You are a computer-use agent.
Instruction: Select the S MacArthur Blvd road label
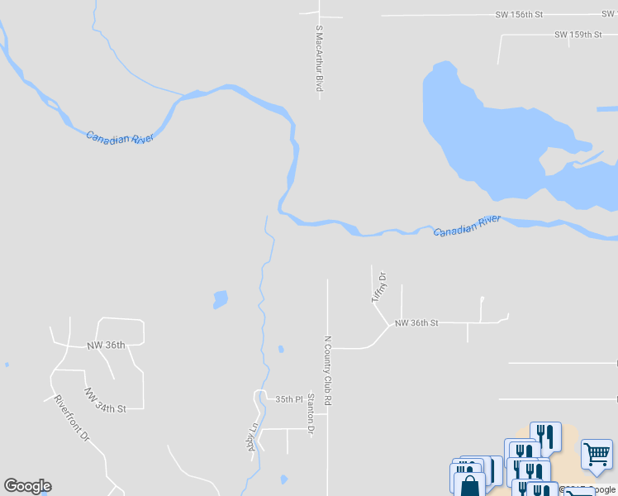point(318,60)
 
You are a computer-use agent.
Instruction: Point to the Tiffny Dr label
point(379,287)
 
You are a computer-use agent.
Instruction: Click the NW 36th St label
point(416,323)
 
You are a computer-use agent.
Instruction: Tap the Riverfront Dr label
point(71,417)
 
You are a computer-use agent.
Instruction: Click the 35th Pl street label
point(288,399)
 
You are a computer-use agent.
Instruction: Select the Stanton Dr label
point(311,413)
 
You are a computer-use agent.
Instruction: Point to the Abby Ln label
point(252,437)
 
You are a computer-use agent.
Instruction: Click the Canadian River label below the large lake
point(468,225)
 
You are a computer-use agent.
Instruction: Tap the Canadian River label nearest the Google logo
point(120,136)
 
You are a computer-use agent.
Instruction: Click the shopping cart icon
point(597,453)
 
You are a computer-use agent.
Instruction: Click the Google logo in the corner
point(27,486)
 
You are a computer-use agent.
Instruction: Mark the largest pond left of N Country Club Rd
point(220,298)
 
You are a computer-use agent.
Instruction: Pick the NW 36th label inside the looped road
point(105,346)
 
